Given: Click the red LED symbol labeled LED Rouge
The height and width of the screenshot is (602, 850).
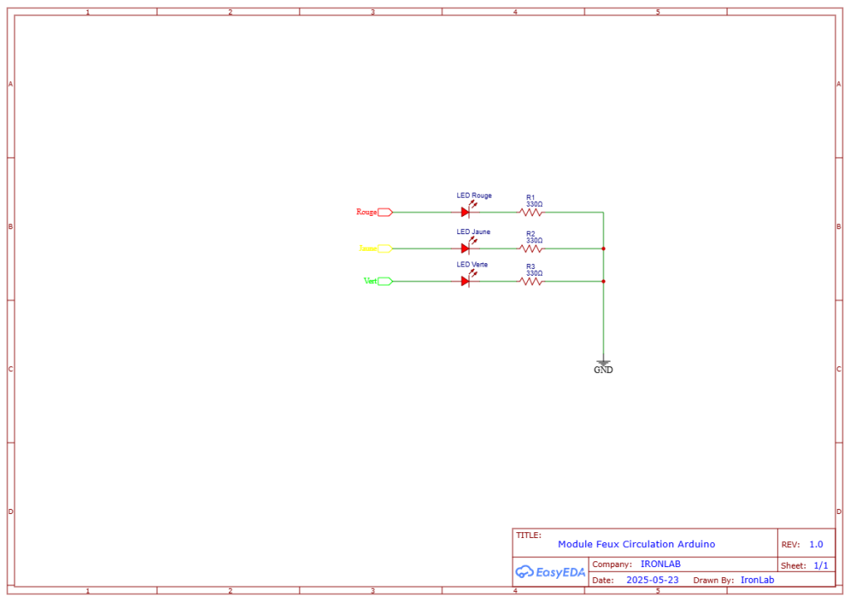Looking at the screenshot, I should click(466, 212).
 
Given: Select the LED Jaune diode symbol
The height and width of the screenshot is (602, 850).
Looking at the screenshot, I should click(466, 248).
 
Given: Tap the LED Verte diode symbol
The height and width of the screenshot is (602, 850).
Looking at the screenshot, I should click(466, 281).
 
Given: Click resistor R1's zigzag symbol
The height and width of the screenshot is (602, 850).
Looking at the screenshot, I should click(531, 212).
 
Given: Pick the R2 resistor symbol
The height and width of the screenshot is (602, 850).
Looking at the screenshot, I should click(531, 248).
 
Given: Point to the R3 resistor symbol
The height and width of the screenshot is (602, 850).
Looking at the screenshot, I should click(531, 281).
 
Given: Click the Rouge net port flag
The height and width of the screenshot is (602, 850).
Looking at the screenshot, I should click(384, 212).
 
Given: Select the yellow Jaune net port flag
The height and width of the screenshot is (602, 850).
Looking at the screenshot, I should click(384, 248).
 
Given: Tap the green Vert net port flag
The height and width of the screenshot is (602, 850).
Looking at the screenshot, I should click(384, 281).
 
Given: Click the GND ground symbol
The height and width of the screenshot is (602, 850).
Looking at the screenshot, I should click(603, 364).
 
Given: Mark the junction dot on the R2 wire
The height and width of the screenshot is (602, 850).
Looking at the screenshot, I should click(603, 248).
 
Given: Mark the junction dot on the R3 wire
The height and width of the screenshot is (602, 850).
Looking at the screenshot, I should click(603, 281).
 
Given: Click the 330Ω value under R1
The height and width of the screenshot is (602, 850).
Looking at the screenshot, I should click(535, 204).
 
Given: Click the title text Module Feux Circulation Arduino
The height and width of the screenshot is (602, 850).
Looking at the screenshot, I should click(636, 544).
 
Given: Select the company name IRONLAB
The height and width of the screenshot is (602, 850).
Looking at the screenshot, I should click(661, 565).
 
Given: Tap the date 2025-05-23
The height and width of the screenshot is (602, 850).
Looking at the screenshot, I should click(652, 580).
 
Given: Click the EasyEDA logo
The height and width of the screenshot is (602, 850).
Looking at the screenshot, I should click(549, 571).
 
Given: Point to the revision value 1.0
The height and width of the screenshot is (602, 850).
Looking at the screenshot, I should click(816, 545).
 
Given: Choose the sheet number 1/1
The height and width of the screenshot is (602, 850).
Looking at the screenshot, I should click(820, 565).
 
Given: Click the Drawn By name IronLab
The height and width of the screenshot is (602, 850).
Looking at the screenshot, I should click(757, 580).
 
